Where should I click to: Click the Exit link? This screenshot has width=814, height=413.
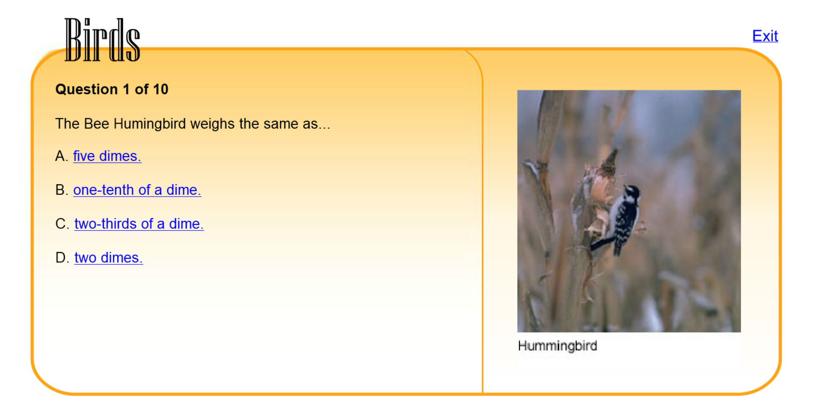tap(765, 36)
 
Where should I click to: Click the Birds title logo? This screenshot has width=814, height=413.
tap(102, 40)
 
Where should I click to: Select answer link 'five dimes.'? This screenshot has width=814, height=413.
tap(107, 156)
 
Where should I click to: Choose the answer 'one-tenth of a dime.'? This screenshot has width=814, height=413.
tap(137, 190)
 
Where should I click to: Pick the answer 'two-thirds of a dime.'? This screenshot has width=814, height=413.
tap(139, 224)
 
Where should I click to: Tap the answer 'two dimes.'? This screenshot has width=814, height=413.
tap(109, 258)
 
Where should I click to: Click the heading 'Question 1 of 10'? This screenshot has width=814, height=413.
tap(112, 89)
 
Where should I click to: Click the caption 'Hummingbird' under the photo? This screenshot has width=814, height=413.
tap(558, 346)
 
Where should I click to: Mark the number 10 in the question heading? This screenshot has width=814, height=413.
tap(161, 89)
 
